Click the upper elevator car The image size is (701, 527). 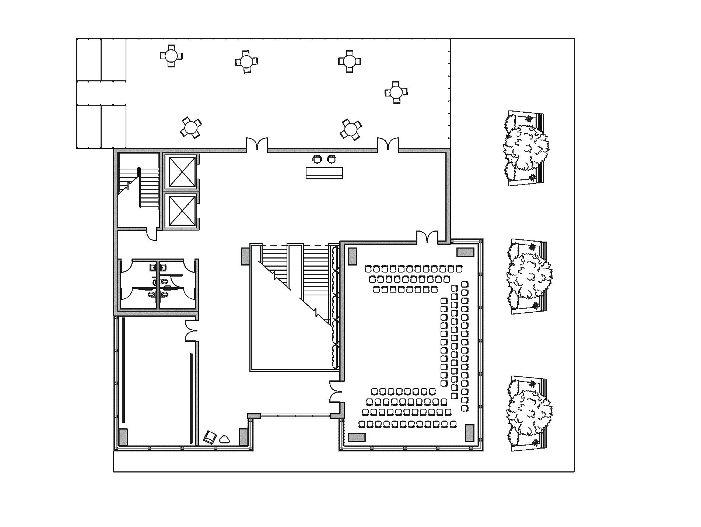pyautogui.click(x=181, y=172)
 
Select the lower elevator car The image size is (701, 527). pyautogui.click(x=181, y=211)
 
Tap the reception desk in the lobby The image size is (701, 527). pyautogui.click(x=324, y=173)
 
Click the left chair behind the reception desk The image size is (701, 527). pyautogui.click(x=317, y=159)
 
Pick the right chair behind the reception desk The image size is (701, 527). pyautogui.click(x=332, y=159)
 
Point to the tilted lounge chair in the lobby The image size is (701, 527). pyautogui.click(x=210, y=438)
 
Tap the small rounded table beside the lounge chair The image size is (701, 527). pyautogui.click(x=224, y=439)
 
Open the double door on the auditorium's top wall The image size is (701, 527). pyautogui.click(x=427, y=237)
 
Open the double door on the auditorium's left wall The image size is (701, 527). pyautogui.click(x=336, y=391)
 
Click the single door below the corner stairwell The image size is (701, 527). pyautogui.click(x=152, y=235)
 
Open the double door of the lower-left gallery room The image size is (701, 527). pyautogui.click(x=191, y=330)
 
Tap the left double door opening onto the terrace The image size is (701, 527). pyautogui.click(x=257, y=144)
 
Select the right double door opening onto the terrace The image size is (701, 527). pyautogui.click(x=388, y=144)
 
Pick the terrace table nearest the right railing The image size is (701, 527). pyautogui.click(x=396, y=92)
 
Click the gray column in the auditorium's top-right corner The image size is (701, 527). pyautogui.click(x=465, y=252)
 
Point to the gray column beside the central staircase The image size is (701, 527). pyautogui.click(x=245, y=256)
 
